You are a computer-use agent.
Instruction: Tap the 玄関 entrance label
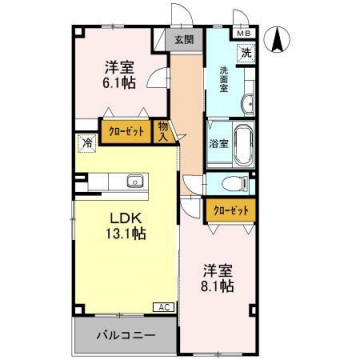[183, 41]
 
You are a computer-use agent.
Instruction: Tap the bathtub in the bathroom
[240, 141]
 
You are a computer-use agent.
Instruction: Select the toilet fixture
[231, 183]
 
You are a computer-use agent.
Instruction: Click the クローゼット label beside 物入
[125, 130]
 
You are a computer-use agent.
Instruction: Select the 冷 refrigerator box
[88, 143]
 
